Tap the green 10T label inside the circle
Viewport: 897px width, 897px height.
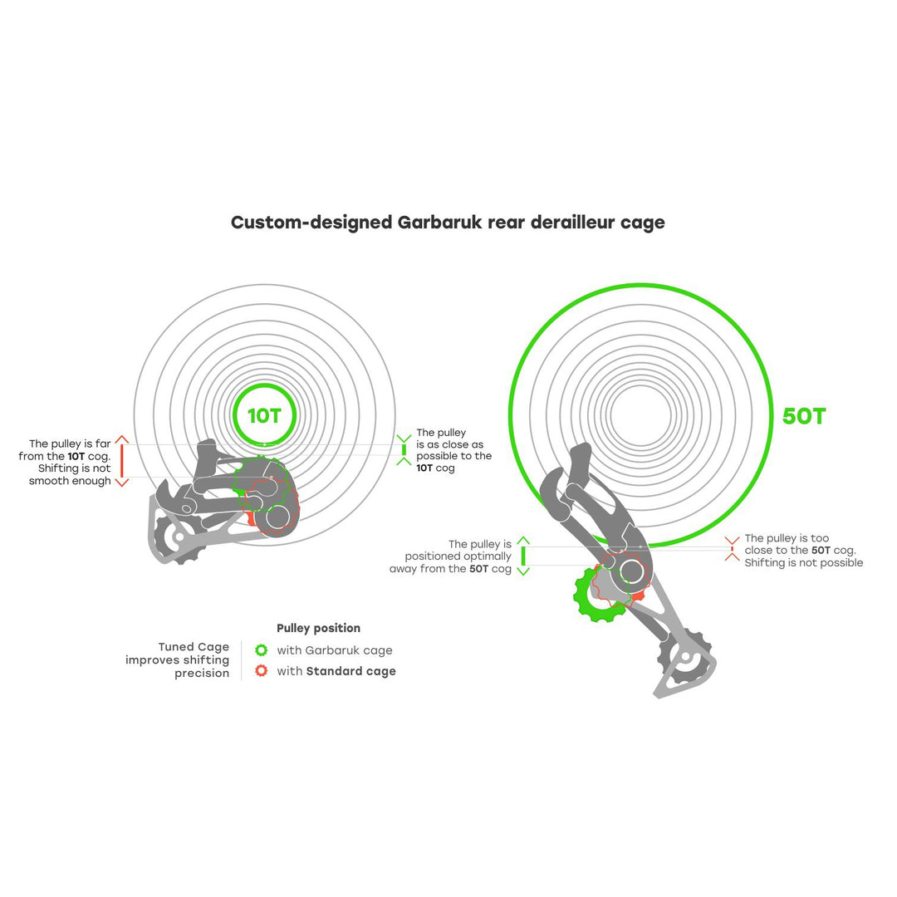264,416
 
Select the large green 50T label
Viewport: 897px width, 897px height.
804,416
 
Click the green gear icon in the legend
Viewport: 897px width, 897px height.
262,650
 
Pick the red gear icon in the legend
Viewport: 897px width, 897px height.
262,671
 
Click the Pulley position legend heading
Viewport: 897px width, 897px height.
318,629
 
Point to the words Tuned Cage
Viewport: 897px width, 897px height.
194,647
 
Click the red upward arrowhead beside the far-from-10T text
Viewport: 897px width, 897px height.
122,439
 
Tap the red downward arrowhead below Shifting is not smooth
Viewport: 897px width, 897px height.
122,482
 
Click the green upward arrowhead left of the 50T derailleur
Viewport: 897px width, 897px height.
523,540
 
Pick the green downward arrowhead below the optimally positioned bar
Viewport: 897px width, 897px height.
523,571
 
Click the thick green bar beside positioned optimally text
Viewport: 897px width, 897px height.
523,556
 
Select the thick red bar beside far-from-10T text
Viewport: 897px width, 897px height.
122,460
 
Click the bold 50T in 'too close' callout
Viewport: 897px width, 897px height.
821,551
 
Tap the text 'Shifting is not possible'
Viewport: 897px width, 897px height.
803,563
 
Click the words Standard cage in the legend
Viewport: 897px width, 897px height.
350,671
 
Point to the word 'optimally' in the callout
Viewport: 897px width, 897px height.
485,556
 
